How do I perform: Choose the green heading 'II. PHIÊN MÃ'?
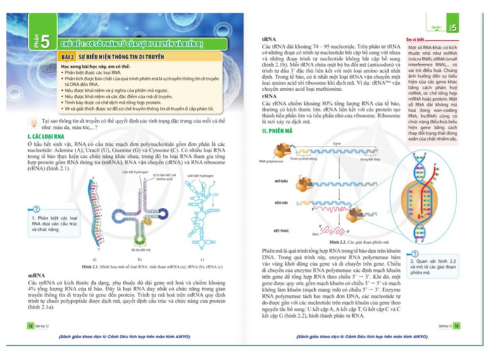[277, 131]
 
